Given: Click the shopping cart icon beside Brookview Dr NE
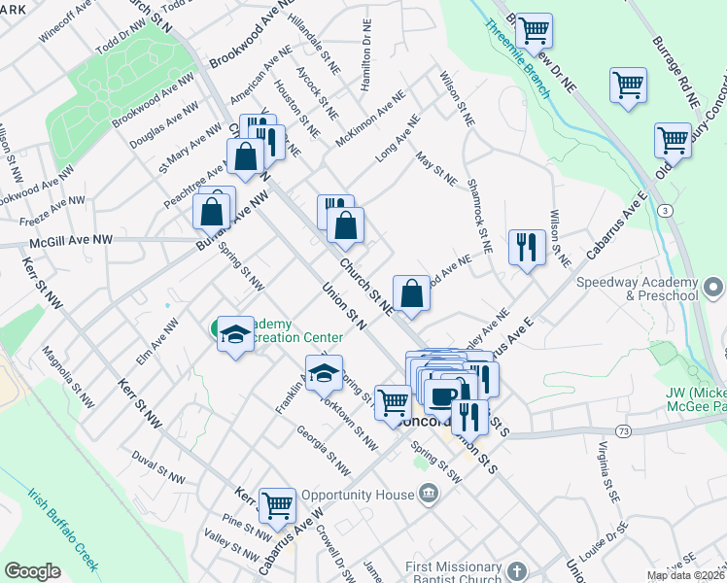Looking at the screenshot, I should [x=534, y=30].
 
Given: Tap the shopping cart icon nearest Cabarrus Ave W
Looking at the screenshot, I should [x=277, y=503].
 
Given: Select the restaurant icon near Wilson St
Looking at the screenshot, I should [x=527, y=247].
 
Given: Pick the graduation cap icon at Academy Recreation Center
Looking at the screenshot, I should [x=234, y=334].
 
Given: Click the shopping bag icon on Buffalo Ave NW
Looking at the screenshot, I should [x=211, y=210].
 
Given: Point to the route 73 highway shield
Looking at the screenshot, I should [x=623, y=429].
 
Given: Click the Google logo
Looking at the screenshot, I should [x=32, y=571].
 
